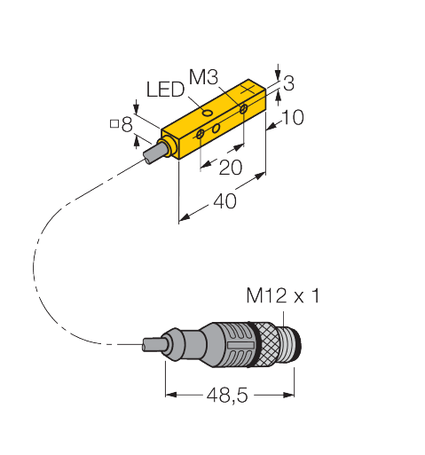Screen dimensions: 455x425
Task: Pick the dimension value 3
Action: tap(287, 84)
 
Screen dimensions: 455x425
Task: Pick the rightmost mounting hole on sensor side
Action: tap(245, 109)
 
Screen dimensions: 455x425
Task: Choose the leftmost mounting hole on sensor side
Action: tap(201, 134)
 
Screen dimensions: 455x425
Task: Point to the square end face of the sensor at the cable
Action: tap(169, 146)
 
